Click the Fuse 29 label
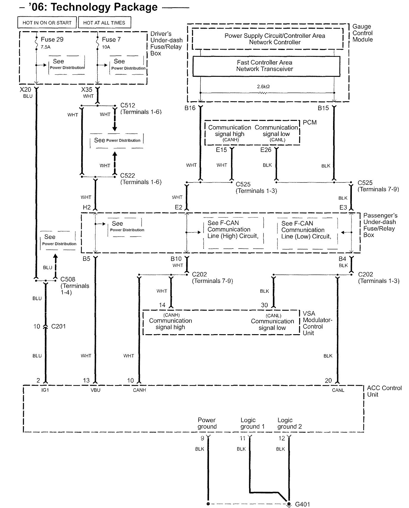click(x=52, y=39)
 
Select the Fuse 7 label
click(x=111, y=39)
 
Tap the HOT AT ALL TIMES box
click(x=104, y=23)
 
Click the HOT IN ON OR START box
click(x=47, y=23)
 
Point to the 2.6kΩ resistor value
click(x=263, y=87)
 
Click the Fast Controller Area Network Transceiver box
click(x=266, y=66)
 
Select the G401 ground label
click(x=302, y=504)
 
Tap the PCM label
click(x=310, y=123)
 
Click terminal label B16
click(x=190, y=108)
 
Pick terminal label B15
click(x=323, y=108)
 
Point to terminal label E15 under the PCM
click(x=221, y=150)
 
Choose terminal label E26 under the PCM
click(x=266, y=150)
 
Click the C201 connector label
click(x=58, y=326)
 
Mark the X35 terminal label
click(x=87, y=90)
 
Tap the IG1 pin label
click(x=45, y=390)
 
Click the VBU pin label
click(x=95, y=390)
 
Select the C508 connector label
click(x=68, y=279)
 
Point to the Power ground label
click(x=207, y=423)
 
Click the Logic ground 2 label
click(x=289, y=423)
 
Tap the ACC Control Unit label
click(x=384, y=391)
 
